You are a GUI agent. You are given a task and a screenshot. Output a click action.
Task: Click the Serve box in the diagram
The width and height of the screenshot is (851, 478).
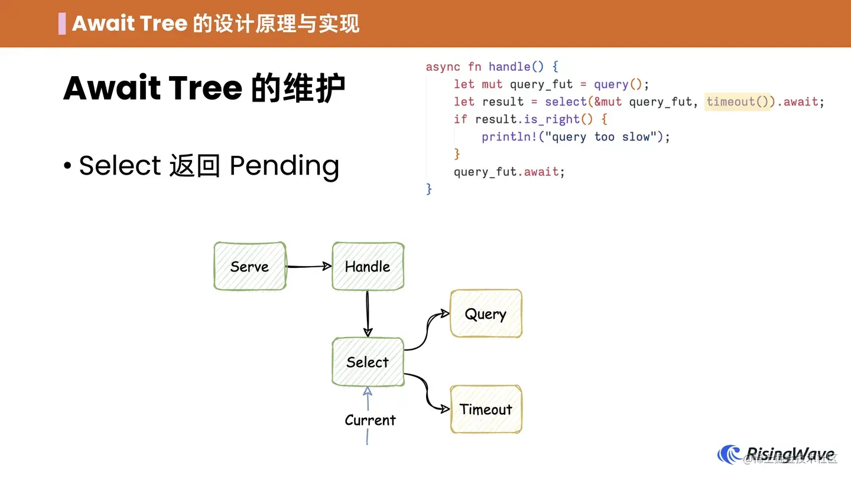click(x=249, y=266)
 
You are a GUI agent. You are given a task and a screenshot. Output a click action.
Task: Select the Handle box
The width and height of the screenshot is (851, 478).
click(x=368, y=266)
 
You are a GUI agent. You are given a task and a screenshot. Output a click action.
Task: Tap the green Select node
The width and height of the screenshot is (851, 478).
click(x=368, y=362)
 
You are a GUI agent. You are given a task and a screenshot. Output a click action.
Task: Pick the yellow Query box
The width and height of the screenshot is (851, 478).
click(x=486, y=314)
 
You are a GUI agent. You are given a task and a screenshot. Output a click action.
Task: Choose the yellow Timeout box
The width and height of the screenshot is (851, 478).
click(x=486, y=410)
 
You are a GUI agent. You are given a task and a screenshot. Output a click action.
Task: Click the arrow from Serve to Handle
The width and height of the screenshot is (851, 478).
click(x=308, y=266)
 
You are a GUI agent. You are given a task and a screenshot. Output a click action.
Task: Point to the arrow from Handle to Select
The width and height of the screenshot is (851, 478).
click(x=368, y=314)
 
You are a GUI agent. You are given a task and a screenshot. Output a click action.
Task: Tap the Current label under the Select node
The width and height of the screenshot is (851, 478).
click(x=370, y=420)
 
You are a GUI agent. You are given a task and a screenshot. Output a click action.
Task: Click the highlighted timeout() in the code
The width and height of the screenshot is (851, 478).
click(x=738, y=102)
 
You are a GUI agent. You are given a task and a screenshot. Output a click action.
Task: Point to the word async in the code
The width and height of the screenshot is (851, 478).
click(x=443, y=67)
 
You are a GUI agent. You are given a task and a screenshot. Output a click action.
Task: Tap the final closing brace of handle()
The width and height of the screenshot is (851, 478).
click(x=429, y=189)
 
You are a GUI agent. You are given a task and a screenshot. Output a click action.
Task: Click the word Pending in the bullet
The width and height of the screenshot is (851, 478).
click(x=284, y=166)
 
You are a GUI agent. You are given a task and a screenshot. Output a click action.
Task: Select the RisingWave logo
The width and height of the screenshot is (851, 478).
click(x=777, y=455)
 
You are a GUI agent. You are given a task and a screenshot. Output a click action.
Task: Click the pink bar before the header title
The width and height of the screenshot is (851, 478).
click(x=62, y=24)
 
